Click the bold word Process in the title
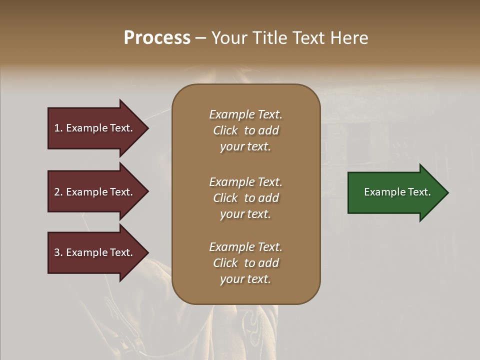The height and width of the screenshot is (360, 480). (x=157, y=38)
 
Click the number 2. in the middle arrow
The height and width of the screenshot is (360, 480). (x=58, y=192)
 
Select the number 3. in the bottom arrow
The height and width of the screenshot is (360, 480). (x=58, y=252)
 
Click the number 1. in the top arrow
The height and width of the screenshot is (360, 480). (x=58, y=128)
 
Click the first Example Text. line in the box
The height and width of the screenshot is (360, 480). (x=245, y=114)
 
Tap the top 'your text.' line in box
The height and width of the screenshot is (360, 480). (x=245, y=147)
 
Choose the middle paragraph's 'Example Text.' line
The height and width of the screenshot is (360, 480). (x=245, y=182)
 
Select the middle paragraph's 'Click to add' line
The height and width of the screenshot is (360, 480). (x=245, y=198)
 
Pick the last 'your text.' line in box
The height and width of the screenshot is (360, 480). (x=245, y=279)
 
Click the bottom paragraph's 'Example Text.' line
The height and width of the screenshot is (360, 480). (x=245, y=247)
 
